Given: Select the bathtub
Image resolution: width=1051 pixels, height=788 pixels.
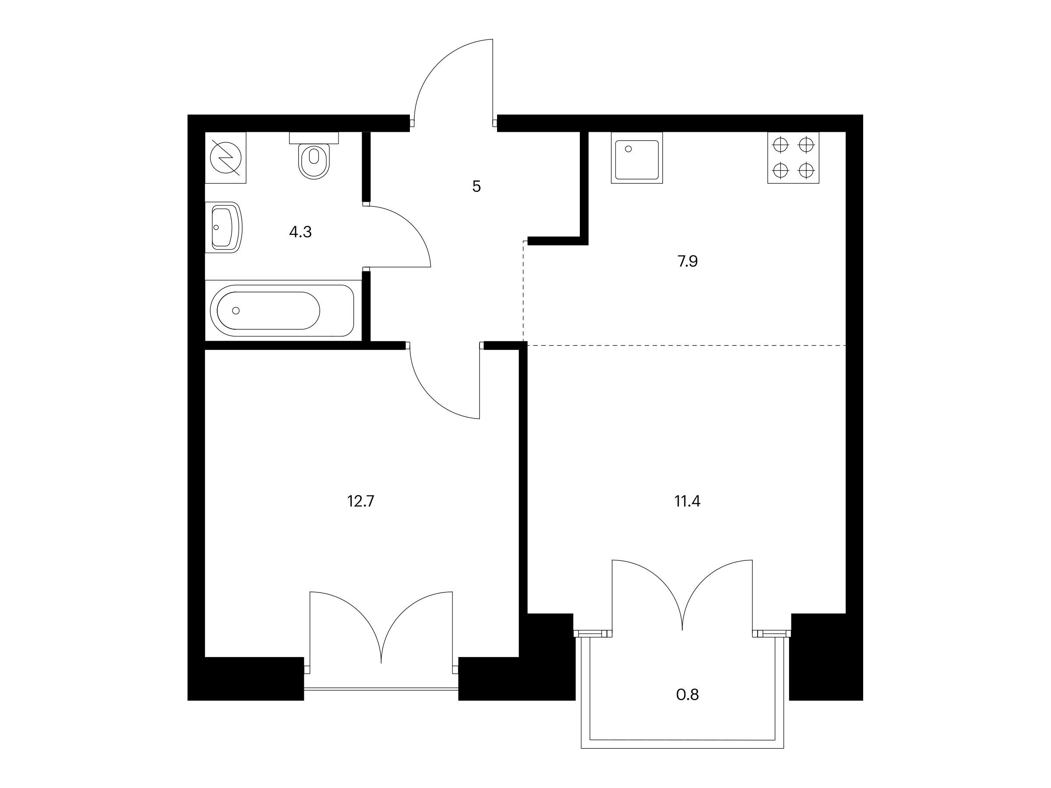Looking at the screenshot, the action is [x=282, y=311].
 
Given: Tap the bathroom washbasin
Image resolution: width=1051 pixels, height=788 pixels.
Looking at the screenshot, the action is [x=224, y=227].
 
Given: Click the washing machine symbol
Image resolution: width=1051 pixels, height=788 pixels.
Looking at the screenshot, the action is [x=226, y=158].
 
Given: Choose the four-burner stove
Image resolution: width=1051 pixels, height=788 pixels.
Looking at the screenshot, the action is [x=793, y=158].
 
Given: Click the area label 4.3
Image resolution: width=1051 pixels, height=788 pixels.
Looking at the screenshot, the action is [x=300, y=232].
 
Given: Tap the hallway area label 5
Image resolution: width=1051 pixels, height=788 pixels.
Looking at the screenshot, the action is [x=476, y=186].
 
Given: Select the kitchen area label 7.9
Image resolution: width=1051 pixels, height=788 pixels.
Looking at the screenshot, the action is [x=688, y=261].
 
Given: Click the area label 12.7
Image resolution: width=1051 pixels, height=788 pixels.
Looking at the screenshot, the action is [x=361, y=501].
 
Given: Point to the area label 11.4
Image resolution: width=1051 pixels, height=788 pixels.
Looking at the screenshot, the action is [x=688, y=501].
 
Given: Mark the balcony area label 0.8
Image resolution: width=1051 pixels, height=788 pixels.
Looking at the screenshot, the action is [x=688, y=695].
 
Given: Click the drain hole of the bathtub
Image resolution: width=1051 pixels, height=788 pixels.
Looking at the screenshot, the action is [x=236, y=311].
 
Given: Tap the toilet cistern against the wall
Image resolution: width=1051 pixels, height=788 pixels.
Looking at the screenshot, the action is [x=314, y=137].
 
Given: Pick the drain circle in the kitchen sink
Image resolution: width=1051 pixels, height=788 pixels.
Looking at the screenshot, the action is [x=628, y=149].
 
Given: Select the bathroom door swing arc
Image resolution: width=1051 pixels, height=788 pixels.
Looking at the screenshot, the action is [x=412, y=225].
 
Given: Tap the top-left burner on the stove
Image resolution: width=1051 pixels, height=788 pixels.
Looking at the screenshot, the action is [x=781, y=144].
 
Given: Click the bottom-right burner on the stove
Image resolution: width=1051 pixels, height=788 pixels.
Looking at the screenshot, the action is [x=806, y=169].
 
